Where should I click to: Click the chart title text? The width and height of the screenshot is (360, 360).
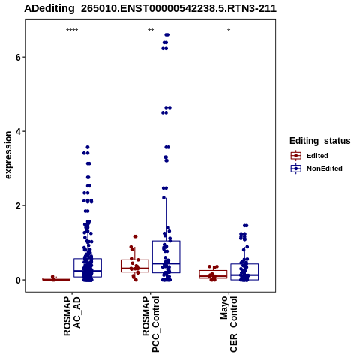pos(150,8)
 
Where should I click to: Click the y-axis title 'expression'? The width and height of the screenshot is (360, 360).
pos(8,155)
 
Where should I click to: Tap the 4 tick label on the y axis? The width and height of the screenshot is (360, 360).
pos(18,131)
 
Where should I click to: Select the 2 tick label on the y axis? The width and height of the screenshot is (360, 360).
pos(18,205)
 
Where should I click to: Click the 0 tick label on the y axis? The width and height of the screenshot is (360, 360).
pos(18,280)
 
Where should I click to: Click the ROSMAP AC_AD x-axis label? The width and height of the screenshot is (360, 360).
pos(72,316)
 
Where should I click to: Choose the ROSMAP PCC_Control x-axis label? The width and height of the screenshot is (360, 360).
pos(151,324)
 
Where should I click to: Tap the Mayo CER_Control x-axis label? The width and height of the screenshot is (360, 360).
pos(229,324)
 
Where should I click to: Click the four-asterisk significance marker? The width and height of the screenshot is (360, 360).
pos(72,31)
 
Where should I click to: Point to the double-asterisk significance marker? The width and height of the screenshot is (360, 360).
pos(151,31)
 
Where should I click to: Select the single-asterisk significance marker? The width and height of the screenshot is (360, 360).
pos(229,31)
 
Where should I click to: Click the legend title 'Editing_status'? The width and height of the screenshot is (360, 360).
pos(320,141)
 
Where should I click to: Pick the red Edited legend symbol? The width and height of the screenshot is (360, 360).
pos(296,156)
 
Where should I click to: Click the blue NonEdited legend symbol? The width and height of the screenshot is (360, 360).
pos(296,169)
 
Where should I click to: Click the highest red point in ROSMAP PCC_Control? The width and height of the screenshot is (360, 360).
pos(136,236)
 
